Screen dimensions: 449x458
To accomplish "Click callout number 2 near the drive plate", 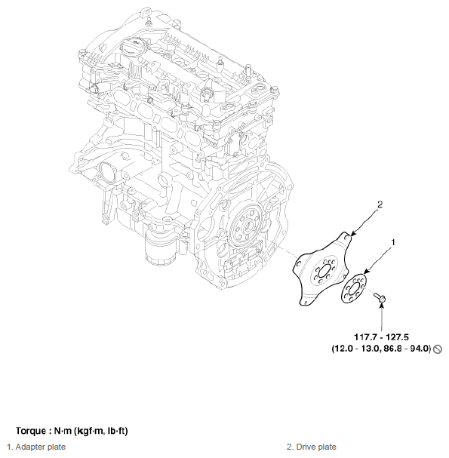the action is click(380, 204).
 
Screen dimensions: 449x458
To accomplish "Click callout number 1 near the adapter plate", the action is click(393, 242).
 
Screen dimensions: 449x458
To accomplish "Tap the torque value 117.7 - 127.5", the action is click(381, 337).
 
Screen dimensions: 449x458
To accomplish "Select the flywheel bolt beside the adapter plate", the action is click(380, 297).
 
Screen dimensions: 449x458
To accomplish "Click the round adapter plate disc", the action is click(353, 288).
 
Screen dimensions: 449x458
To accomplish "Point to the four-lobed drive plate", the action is click(321, 269).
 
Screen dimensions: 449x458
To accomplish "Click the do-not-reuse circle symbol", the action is click(438, 349).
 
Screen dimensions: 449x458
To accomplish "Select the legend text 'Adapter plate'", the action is click(40, 447).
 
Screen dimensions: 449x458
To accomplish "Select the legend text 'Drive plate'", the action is click(316, 447).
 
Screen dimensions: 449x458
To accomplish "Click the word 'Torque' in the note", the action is click(31, 431).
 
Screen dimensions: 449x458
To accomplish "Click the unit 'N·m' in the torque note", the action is click(63, 431).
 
